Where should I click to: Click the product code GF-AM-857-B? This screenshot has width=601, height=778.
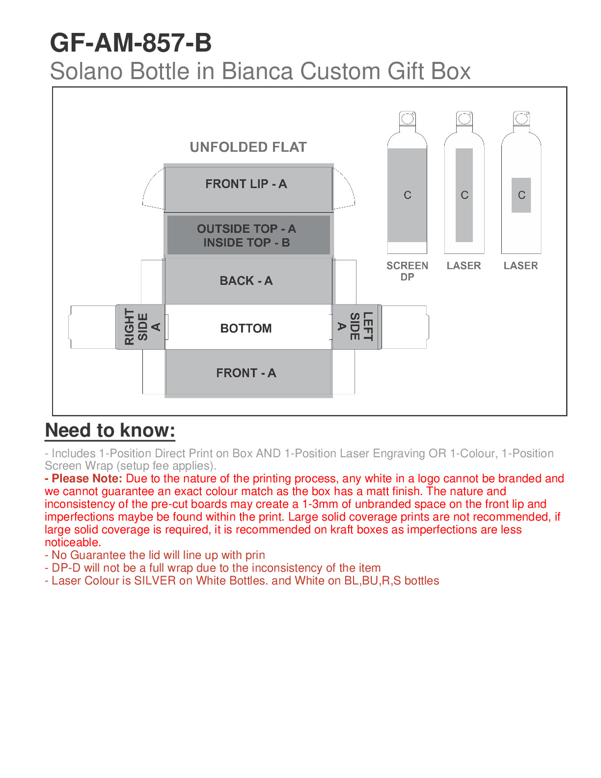click(x=131, y=43)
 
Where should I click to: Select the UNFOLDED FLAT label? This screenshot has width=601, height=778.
click(x=248, y=147)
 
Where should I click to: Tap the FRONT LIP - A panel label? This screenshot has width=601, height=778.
click(x=246, y=184)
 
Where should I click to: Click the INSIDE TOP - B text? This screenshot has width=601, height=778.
click(x=246, y=243)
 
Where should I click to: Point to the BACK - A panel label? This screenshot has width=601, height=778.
click(x=246, y=280)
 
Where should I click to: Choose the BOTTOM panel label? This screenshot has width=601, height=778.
click(x=246, y=328)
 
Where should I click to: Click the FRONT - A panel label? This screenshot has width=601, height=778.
click(x=246, y=373)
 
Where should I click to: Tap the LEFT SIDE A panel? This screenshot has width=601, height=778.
click(x=355, y=327)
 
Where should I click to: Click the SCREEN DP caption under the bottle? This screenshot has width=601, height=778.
click(x=407, y=271)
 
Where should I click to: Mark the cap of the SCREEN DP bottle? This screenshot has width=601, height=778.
click(x=407, y=119)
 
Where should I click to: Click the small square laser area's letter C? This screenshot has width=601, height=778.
click(x=521, y=195)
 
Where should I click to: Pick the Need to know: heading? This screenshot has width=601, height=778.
click(x=110, y=430)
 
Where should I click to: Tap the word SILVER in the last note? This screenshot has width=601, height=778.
click(x=155, y=581)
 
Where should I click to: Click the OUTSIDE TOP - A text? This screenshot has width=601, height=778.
click(x=246, y=229)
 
